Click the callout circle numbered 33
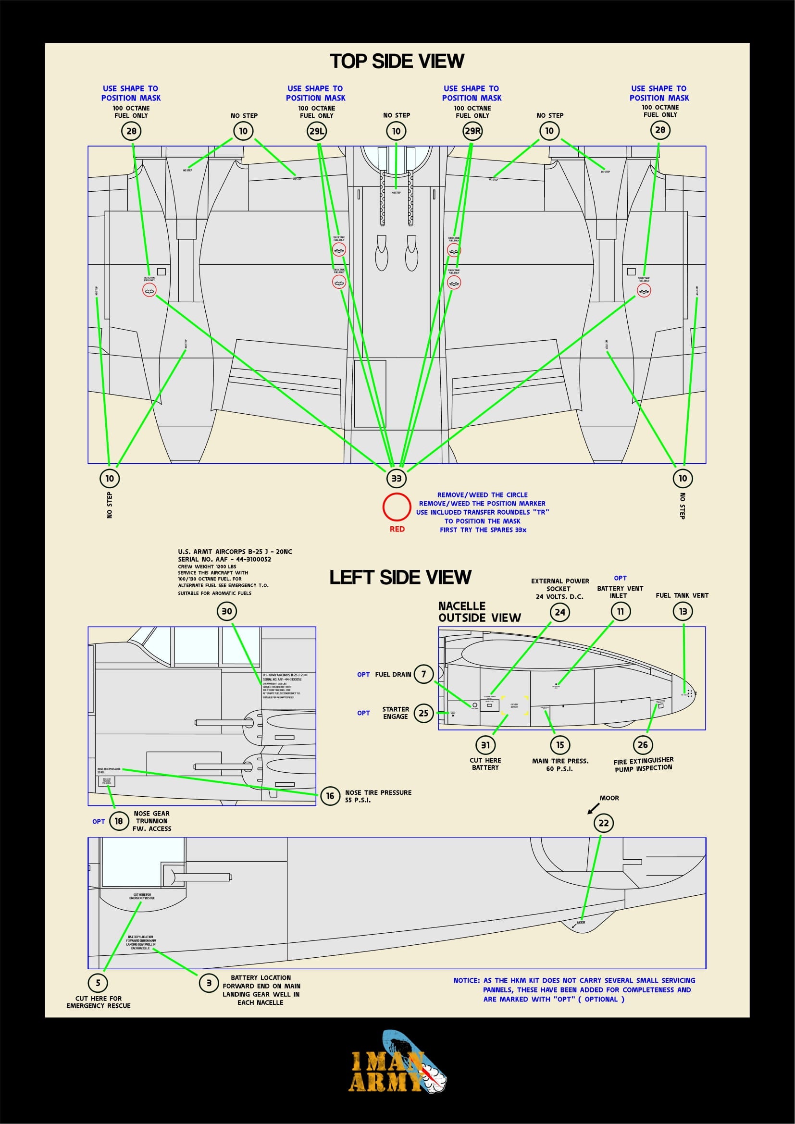tap(396, 478)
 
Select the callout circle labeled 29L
tap(317, 131)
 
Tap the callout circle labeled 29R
tap(472, 131)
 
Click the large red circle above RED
tap(397, 506)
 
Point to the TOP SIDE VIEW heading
tap(397, 61)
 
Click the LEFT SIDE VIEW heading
tap(400, 577)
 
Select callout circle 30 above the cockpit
tap(227, 611)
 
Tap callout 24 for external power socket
tap(559, 612)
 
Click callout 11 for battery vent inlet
tap(620, 611)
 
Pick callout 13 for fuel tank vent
tap(683, 611)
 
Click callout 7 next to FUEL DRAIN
tap(423, 674)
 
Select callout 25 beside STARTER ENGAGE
tap(423, 713)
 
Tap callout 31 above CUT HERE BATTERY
tap(485, 745)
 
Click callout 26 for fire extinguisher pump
tap(643, 745)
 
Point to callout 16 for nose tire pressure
tap(330, 796)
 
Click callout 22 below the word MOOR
tap(604, 823)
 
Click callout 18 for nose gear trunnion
tap(118, 821)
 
